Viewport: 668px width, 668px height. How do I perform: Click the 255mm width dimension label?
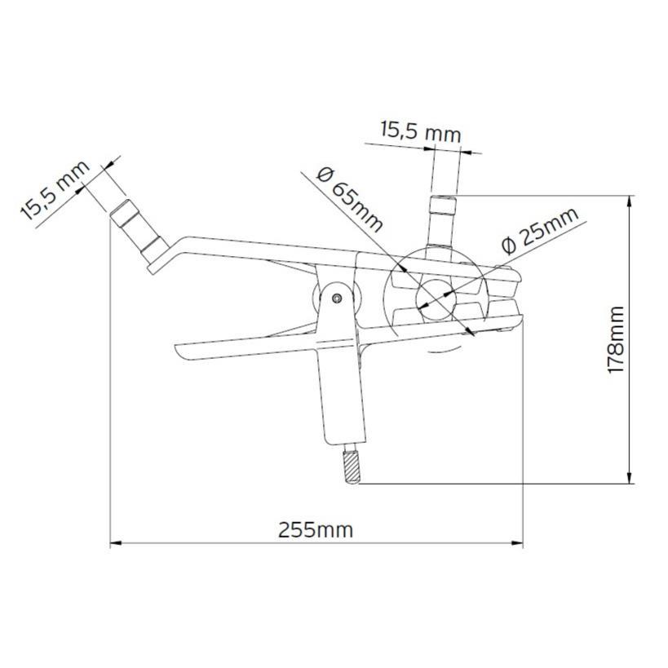click(316, 529)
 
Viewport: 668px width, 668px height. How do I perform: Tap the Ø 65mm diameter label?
click(349, 198)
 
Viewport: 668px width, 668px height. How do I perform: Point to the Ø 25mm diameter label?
click(538, 229)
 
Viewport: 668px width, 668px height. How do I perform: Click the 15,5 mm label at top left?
click(55, 190)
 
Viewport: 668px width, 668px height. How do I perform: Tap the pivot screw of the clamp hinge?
click(336, 299)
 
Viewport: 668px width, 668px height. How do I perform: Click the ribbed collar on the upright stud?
click(444, 202)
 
